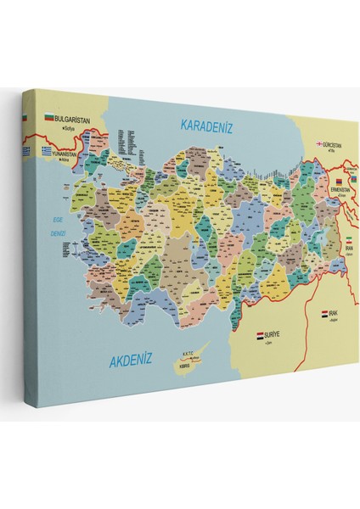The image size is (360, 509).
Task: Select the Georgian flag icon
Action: pos(320,144)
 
